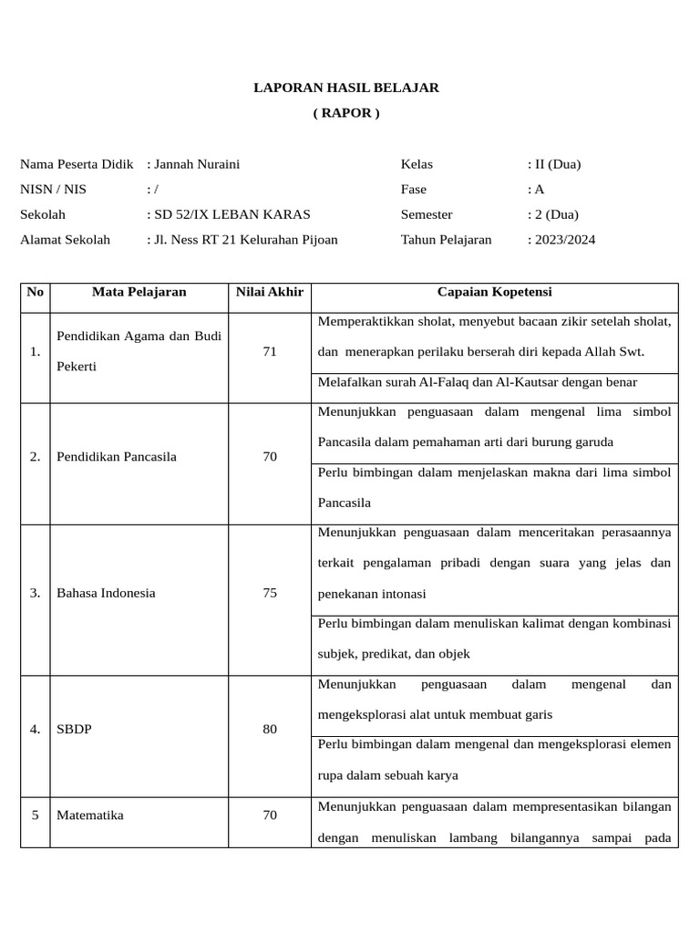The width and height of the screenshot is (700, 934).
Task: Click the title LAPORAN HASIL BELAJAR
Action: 345,88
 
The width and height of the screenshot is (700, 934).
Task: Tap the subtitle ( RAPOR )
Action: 345,113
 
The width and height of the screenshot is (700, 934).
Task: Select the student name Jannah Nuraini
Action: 197,164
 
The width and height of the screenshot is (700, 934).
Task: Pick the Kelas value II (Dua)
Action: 557,164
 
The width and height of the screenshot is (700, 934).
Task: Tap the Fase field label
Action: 414,190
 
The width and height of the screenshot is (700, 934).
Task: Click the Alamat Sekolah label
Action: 65,240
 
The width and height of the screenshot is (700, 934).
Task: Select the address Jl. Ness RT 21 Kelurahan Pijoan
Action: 245,240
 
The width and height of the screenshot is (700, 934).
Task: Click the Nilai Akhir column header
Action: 269,292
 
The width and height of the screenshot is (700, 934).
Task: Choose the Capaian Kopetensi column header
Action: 494,292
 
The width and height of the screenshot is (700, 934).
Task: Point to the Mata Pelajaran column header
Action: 139,292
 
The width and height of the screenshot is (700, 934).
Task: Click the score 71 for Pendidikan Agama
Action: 269,351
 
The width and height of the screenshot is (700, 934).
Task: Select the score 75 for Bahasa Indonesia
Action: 269,593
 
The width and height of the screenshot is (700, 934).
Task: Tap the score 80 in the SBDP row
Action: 269,730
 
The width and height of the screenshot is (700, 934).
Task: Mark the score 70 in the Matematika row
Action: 269,815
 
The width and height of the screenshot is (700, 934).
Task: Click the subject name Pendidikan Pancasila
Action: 117,457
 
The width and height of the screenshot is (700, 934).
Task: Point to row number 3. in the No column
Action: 35,593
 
